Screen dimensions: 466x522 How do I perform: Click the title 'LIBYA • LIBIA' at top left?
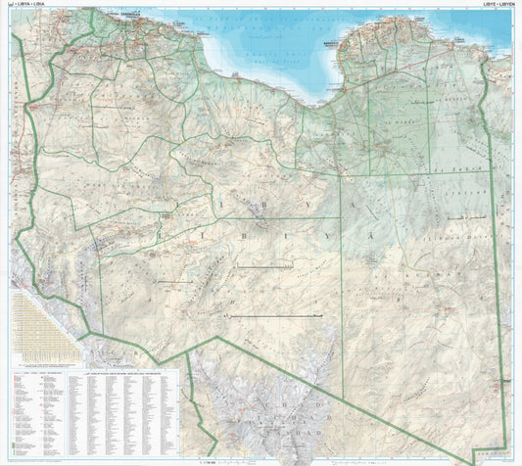point(28,5)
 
